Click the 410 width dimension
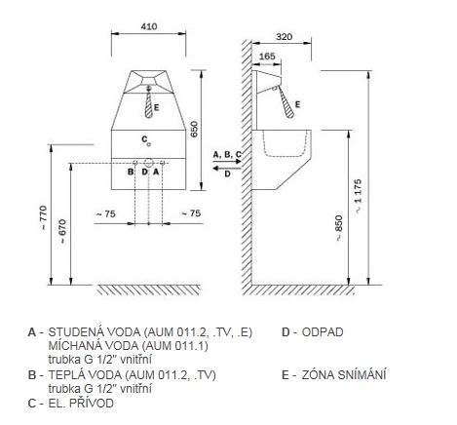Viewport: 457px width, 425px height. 149,26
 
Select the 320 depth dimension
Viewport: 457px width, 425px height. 284,37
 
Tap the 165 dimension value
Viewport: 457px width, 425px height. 267,57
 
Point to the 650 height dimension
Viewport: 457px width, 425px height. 194,129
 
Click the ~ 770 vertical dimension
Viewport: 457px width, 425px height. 43,217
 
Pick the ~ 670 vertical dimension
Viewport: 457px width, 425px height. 62,232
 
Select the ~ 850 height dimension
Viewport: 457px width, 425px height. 338,228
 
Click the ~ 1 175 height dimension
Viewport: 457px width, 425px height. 358,196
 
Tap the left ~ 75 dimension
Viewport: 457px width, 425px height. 106,213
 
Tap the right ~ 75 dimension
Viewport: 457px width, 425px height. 191,213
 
